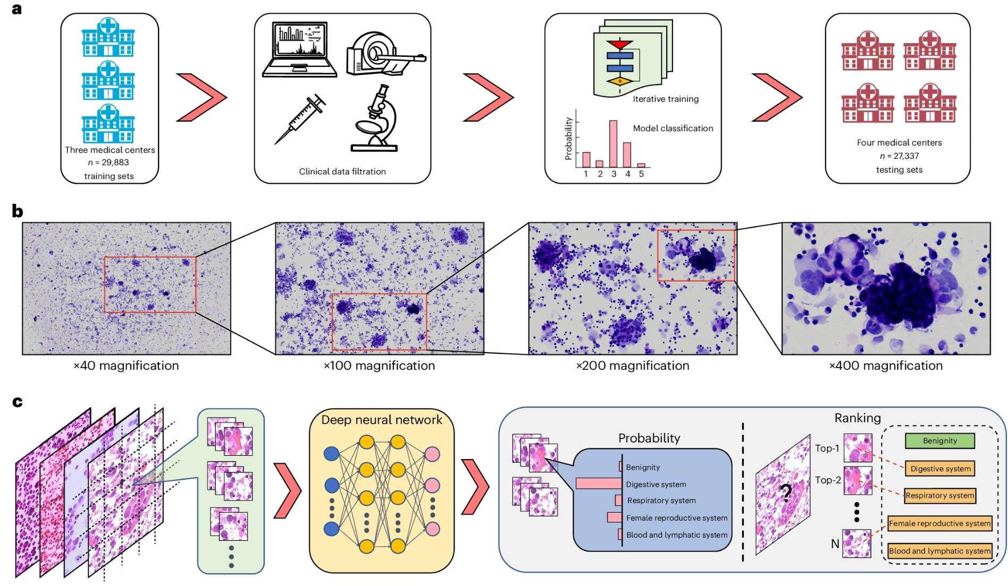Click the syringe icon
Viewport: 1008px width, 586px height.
(x=300, y=119)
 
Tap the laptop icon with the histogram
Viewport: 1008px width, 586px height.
(x=299, y=49)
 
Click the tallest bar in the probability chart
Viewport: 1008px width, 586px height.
(x=613, y=144)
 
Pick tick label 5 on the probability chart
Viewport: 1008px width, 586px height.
(x=641, y=174)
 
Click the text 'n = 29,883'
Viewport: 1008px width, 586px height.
(x=108, y=163)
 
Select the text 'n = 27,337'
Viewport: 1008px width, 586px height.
(x=899, y=156)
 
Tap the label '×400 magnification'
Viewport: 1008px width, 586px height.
(x=886, y=366)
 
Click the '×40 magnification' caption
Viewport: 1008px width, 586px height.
(x=126, y=366)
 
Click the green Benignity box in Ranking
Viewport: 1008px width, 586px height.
(x=939, y=440)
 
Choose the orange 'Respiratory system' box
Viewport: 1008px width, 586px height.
(x=939, y=496)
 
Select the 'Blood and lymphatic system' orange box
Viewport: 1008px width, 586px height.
(x=939, y=551)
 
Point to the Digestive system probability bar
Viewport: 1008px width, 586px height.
(x=599, y=483)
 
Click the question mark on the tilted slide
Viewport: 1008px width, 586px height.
(x=786, y=493)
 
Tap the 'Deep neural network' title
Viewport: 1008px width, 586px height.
(x=381, y=420)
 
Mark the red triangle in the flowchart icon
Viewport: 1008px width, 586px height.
(x=619, y=44)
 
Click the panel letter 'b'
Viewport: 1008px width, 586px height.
(x=18, y=211)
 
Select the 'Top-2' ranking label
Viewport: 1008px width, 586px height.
(x=828, y=480)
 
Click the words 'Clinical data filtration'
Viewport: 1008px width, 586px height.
(x=342, y=172)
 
